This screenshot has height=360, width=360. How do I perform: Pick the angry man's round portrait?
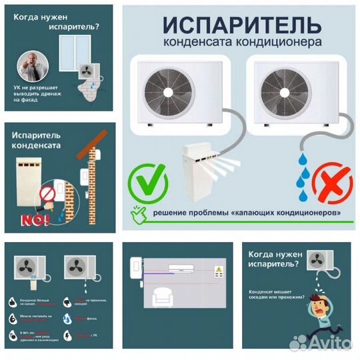pyautogui.click(x=31, y=67)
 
